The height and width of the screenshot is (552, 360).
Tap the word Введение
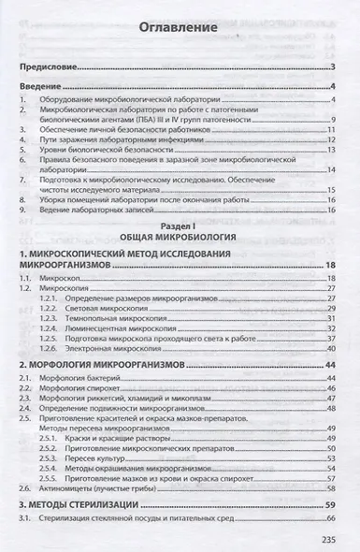[42, 87]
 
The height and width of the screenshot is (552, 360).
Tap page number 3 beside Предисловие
[333, 68]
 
